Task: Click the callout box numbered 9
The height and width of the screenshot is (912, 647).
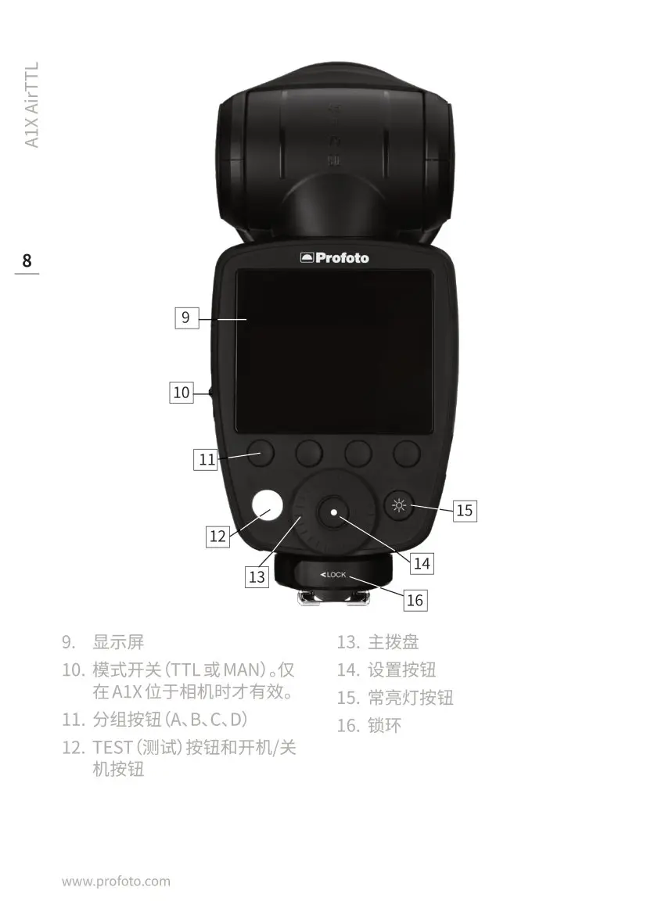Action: (x=185, y=318)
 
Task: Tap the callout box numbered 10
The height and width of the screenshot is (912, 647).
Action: (x=182, y=392)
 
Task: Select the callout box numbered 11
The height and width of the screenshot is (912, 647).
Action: (x=207, y=460)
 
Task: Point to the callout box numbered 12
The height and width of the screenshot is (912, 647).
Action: (x=217, y=536)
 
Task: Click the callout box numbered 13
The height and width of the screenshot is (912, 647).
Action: (x=257, y=577)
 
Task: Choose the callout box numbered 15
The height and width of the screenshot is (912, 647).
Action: (x=464, y=510)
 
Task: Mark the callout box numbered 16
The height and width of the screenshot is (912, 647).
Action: (x=415, y=600)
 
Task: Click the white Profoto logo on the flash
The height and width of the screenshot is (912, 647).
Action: (x=334, y=257)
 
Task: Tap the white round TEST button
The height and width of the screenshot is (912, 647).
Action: (x=267, y=504)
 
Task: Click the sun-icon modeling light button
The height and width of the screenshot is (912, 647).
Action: (x=400, y=506)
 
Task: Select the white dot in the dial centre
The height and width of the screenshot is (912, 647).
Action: (x=333, y=512)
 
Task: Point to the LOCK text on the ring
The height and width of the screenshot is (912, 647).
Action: (x=333, y=575)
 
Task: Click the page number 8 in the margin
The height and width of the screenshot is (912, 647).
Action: (x=27, y=260)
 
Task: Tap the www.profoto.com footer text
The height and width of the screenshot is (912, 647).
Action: (x=116, y=881)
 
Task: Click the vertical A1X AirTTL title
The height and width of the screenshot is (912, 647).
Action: (x=31, y=105)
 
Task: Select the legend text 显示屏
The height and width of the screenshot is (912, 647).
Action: (x=118, y=642)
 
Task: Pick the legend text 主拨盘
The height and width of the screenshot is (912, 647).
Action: (x=394, y=642)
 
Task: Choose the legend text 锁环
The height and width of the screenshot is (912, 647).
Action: (x=385, y=725)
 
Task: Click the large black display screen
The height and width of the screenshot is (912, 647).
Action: (x=334, y=351)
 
